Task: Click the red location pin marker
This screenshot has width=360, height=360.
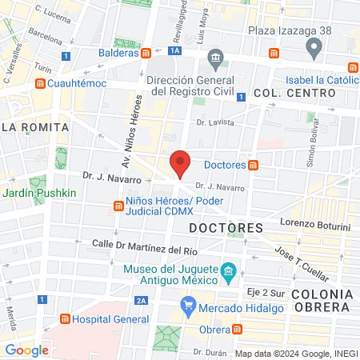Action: [x=181, y=164]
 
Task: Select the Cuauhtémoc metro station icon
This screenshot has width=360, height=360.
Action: [x=40, y=82]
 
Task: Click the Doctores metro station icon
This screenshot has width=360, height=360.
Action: [x=254, y=166]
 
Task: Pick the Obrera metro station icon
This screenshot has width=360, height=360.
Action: [x=238, y=330]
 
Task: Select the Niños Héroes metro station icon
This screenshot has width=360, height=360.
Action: [x=118, y=206]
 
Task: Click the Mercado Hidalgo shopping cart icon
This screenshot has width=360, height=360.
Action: [x=189, y=304]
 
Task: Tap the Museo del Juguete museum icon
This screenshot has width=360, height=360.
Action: [x=229, y=274]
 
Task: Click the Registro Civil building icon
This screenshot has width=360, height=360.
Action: [x=214, y=58]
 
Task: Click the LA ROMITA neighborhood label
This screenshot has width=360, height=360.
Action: [x=35, y=126]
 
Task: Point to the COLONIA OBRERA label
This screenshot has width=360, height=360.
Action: [x=322, y=302]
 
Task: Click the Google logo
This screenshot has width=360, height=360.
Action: [x=27, y=350]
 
